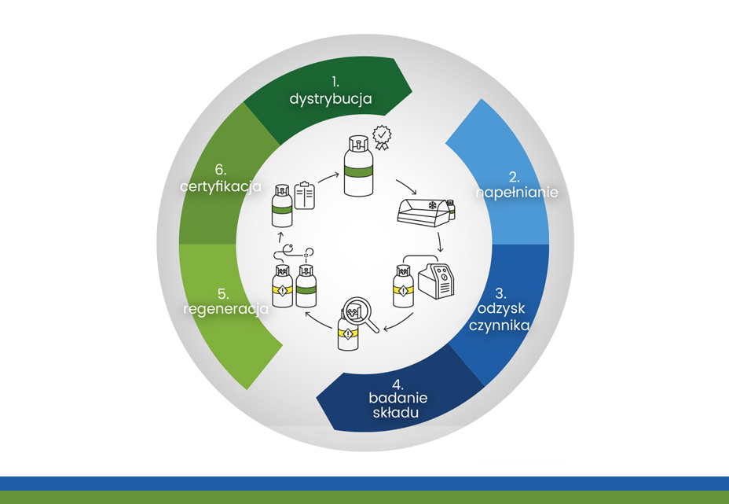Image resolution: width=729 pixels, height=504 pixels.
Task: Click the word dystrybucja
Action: [x=330, y=99]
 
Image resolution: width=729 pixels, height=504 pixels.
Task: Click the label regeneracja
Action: [x=226, y=309]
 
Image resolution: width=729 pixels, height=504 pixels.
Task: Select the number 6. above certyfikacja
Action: [x=222, y=171]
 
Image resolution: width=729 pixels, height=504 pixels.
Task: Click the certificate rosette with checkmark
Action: [x=381, y=137]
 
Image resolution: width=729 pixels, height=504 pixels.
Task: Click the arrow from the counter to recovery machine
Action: [x=441, y=242]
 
